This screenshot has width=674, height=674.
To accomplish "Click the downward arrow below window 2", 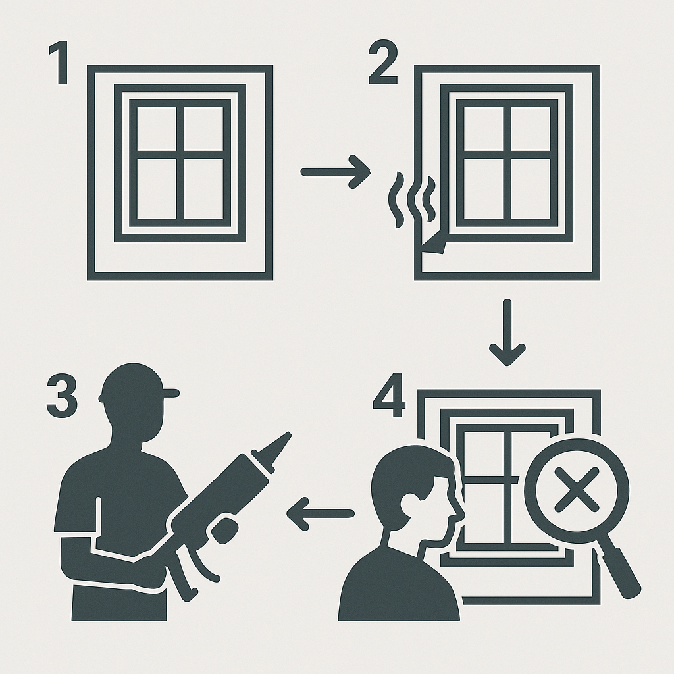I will [x=507, y=332].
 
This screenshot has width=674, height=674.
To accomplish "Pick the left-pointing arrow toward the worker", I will [x=320, y=513].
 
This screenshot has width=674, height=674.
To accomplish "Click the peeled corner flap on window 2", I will [x=434, y=245].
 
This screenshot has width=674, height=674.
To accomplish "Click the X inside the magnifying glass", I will [x=576, y=490].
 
